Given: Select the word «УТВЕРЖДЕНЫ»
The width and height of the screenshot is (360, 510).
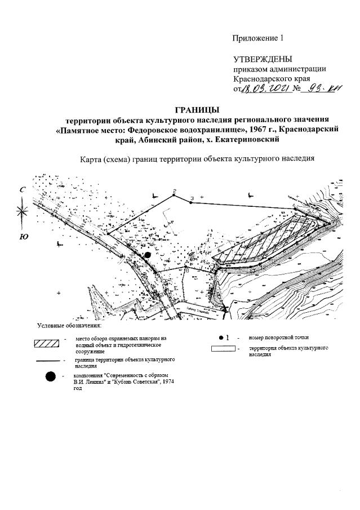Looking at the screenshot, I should (263, 59).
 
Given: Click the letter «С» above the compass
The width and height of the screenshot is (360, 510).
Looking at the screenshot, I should (23, 190).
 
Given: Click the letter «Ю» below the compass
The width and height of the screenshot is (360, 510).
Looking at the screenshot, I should (24, 237).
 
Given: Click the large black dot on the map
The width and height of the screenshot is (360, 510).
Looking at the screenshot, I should (148, 255).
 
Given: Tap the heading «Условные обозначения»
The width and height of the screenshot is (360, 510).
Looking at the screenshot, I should (69, 326).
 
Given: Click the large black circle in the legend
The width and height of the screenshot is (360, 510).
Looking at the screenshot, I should (51, 378).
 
